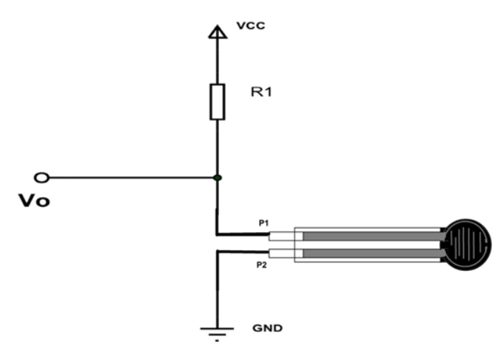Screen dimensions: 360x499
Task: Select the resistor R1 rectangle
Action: click(x=216, y=101)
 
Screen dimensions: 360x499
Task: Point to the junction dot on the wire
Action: click(x=217, y=177)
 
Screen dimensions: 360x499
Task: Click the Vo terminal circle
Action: click(x=42, y=177)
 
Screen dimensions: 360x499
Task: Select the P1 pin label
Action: click(x=264, y=223)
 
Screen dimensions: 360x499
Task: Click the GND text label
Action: click(x=268, y=328)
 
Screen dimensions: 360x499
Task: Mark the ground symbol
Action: click(x=216, y=331)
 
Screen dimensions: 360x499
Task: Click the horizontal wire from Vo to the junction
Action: click(x=129, y=177)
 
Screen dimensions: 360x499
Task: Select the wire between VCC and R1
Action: click(x=216, y=61)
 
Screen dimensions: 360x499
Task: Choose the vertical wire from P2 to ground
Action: click(x=216, y=287)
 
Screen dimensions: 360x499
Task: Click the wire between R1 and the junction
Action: click(x=216, y=147)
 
